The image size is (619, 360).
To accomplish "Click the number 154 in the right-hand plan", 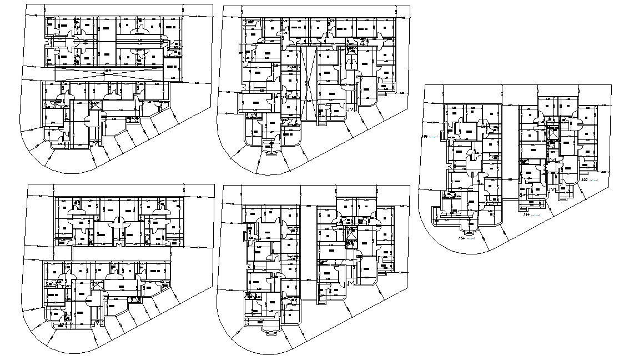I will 460,238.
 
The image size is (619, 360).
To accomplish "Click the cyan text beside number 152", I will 594,181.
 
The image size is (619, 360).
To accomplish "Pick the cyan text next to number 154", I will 470,238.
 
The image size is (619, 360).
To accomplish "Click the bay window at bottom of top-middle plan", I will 270,148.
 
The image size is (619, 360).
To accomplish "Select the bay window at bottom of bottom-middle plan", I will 270,329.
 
